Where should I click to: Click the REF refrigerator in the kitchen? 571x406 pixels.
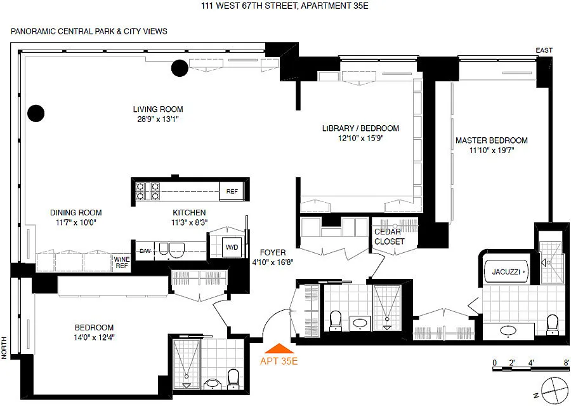coord(232,191)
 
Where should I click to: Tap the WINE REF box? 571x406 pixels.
coord(122,262)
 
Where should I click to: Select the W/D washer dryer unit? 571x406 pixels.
coord(231,247)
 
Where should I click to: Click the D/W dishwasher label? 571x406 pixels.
coord(145,251)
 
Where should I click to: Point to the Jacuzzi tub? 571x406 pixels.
coord(506,272)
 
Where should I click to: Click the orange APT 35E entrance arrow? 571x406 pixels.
coord(279,349)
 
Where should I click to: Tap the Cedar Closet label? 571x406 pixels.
coord(389,236)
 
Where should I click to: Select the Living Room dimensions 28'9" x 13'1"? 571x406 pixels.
coord(158,119)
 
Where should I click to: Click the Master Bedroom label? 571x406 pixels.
coord(492,140)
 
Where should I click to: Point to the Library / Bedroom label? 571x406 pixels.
coord(360,128)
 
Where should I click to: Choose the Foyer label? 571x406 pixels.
coord(273,252)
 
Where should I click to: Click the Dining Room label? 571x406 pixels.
coord(75,212)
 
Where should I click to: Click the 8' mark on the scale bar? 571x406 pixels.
coord(567,363)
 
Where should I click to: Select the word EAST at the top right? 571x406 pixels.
coord(544,50)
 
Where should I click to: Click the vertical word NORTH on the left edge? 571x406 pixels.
coord(4,348)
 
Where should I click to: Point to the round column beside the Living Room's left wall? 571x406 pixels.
coord(36,113)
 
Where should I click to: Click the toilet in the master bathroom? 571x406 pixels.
coord(553,324)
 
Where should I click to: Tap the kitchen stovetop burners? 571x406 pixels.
coord(148,191)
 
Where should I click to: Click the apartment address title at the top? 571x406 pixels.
coord(285,6)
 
